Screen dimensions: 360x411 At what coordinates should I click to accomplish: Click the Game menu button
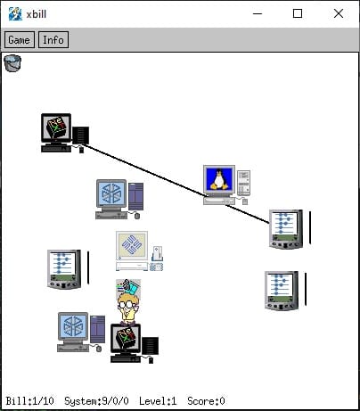click(x=20, y=39)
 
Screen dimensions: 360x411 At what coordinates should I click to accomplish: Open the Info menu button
click(x=53, y=39)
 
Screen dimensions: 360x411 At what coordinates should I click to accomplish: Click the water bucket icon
click(x=12, y=63)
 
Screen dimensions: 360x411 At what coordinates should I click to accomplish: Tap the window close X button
click(x=339, y=13)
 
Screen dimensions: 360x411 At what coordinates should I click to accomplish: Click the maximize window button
click(x=298, y=13)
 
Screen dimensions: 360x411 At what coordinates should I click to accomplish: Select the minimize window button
click(x=258, y=13)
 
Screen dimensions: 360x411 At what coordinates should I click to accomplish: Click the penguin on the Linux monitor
click(x=219, y=179)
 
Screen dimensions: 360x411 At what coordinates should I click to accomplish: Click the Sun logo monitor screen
click(x=132, y=244)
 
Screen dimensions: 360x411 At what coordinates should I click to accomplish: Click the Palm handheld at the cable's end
click(x=286, y=229)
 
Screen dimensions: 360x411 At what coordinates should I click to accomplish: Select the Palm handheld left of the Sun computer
click(x=64, y=269)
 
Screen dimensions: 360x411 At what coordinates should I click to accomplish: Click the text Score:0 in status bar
click(x=206, y=401)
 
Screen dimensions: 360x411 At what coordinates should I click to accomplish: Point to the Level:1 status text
click(x=158, y=401)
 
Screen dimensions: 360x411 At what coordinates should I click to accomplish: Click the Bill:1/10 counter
click(x=30, y=401)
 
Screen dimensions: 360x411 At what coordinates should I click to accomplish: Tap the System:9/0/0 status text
click(x=96, y=401)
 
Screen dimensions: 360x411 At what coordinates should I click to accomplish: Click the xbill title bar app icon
click(x=15, y=13)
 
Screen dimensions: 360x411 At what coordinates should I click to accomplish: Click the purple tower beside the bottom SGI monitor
click(x=98, y=329)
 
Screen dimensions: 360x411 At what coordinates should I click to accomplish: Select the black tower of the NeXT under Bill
click(x=150, y=346)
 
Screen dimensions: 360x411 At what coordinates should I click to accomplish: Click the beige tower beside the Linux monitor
click(x=244, y=183)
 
